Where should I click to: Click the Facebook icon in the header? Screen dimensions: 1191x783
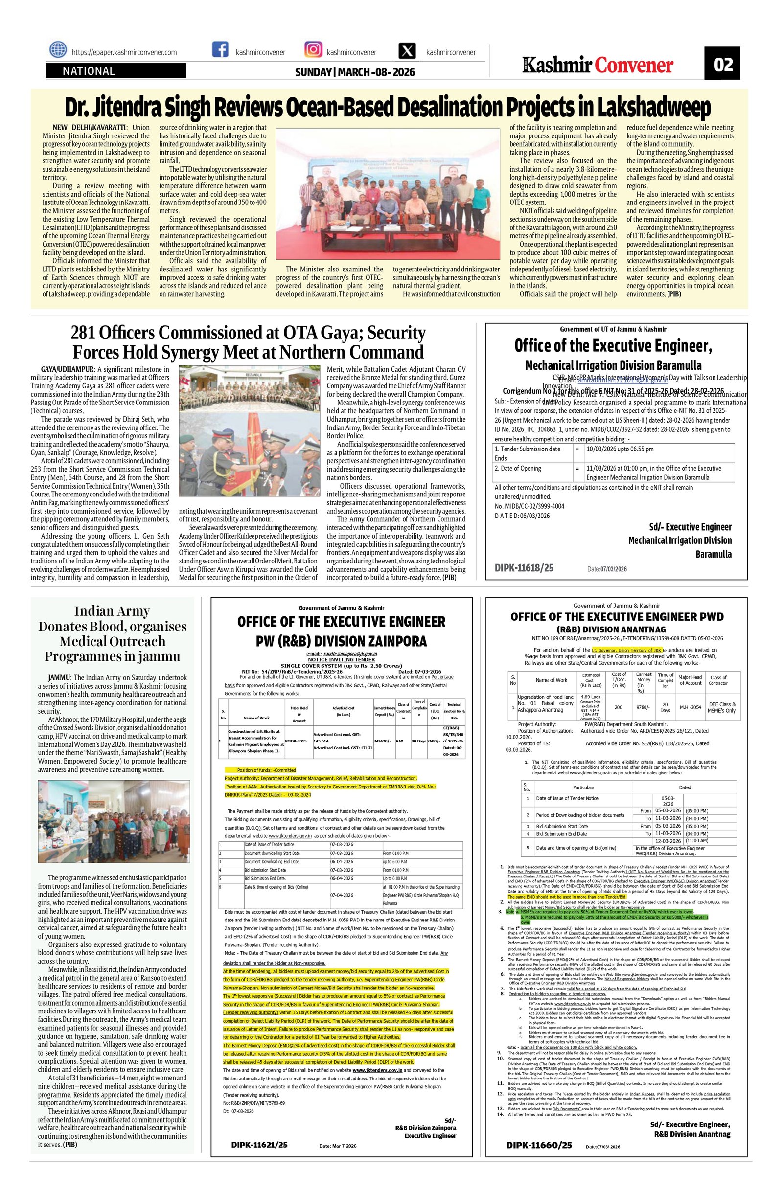pyautogui.click(x=220, y=50)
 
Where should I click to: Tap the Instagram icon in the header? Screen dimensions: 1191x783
pyautogui.click(x=313, y=50)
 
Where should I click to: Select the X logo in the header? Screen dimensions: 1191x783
pyautogui.click(x=408, y=51)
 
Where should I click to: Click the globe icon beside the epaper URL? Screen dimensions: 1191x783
pyautogui.click(x=58, y=50)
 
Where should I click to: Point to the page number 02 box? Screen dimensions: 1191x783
pyautogui.click(x=722, y=64)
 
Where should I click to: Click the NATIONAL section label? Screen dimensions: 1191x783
pyautogui.click(x=89, y=71)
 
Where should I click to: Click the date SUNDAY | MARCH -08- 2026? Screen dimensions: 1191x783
pyautogui.click(x=355, y=72)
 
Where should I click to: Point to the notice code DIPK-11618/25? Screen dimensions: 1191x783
pyautogui.click(x=524, y=568)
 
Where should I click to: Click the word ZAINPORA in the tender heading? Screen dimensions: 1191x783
pyautogui.click(x=391, y=641)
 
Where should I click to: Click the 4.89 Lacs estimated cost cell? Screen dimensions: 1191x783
pyautogui.click(x=590, y=697)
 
